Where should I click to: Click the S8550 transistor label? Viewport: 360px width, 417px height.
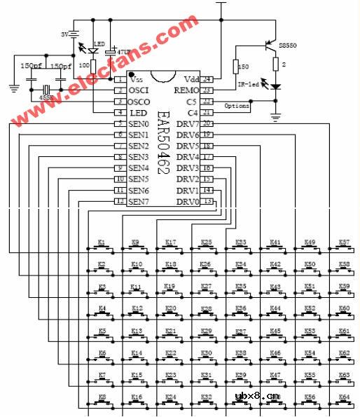288,46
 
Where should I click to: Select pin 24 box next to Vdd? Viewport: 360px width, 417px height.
207,79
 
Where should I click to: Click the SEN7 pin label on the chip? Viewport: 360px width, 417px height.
139,202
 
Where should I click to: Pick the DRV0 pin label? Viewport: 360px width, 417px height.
187,202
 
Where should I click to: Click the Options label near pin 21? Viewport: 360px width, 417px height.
236,106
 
